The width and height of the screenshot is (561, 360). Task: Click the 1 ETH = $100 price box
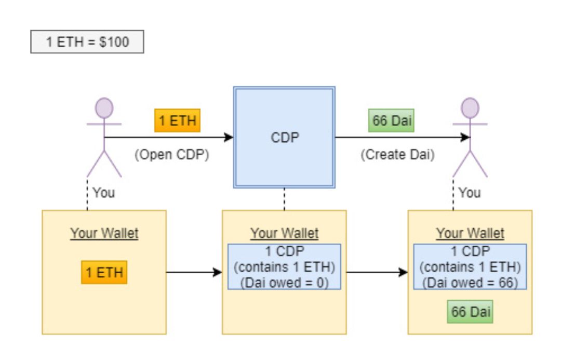pos(87,42)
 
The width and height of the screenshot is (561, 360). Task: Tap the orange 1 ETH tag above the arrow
pos(178,121)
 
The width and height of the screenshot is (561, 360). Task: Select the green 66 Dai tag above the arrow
pos(392,121)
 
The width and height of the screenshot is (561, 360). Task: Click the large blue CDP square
pos(285,137)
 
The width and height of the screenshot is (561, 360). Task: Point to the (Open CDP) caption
pos(172,155)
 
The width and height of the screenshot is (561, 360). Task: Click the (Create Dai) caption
pos(397,155)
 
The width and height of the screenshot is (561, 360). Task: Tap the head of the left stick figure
pos(104,108)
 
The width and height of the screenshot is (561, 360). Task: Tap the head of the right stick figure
pos(470,108)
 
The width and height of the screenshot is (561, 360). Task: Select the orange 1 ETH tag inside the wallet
pos(104,272)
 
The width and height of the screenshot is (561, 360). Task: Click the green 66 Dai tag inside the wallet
pos(470,312)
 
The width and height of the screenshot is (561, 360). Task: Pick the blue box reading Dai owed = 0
pos(285,266)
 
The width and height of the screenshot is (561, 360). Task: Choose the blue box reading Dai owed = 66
pos(470,266)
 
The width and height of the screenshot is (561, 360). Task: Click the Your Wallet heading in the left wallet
pos(104,233)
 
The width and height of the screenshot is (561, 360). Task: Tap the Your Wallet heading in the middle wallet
pos(285,233)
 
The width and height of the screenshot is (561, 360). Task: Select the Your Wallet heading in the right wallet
pos(470,233)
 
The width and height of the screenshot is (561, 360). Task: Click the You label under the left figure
pos(104,193)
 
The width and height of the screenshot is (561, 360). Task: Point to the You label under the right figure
pos(470,193)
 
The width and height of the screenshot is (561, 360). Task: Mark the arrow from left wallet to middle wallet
pos(194,272)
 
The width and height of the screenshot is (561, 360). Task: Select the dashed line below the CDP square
pos(285,199)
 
